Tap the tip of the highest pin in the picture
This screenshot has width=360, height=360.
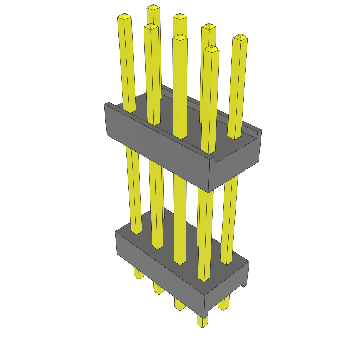click(x=153, y=7)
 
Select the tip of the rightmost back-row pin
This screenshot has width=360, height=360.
click(x=240, y=37)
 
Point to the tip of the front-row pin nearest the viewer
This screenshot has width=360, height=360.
click(x=211, y=49)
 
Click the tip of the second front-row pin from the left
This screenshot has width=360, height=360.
click(x=151, y=26)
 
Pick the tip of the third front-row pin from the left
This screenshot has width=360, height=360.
click(x=180, y=37)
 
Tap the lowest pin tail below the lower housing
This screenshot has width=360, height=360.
click(x=202, y=321)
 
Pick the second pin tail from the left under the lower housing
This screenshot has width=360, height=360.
click(x=159, y=288)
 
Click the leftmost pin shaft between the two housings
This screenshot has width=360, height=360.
click(x=134, y=190)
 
